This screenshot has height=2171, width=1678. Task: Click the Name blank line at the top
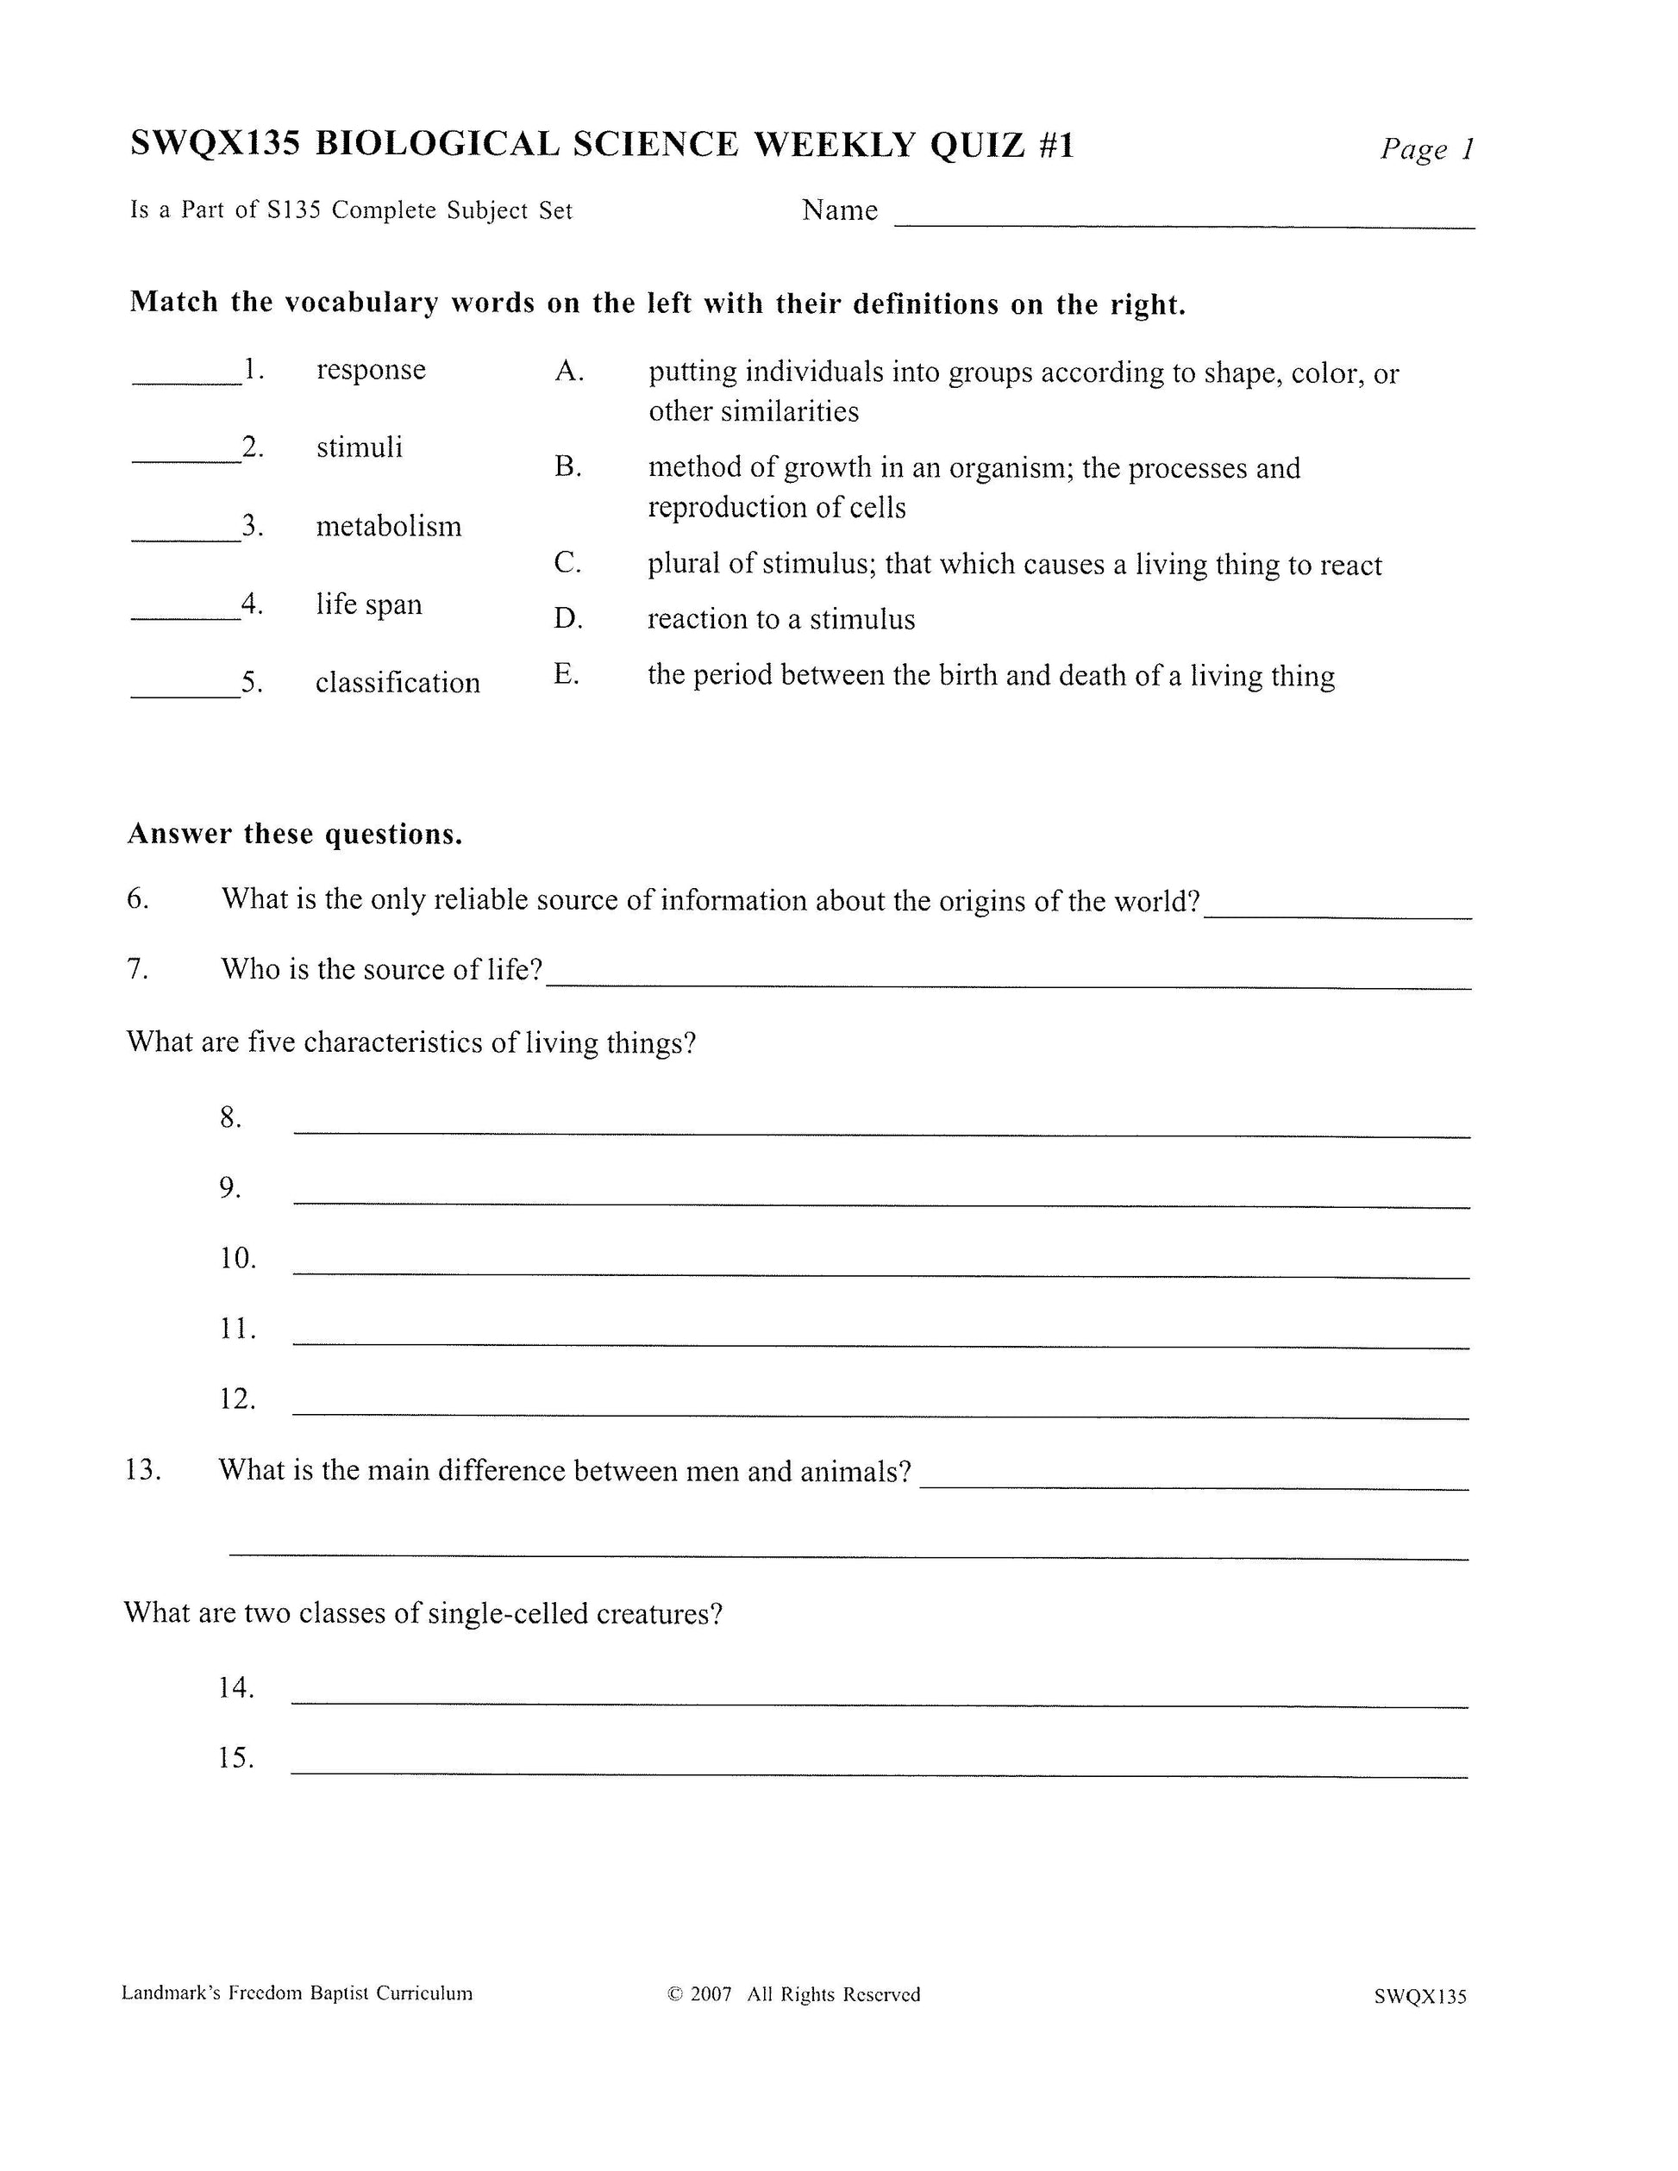[x=1183, y=226]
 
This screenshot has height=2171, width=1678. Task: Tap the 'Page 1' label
[x=1425, y=150]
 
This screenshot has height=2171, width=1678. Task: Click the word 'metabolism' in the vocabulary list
[x=389, y=526]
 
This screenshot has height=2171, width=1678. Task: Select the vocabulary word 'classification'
[x=398, y=683]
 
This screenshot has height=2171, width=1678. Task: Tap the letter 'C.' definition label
[x=567, y=564]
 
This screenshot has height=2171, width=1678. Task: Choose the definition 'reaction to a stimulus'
[x=781, y=619]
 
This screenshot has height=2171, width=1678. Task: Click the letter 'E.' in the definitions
[x=566, y=675]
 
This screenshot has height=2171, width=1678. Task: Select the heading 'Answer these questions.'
[x=295, y=834]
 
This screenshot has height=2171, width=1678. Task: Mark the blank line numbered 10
[x=880, y=1274]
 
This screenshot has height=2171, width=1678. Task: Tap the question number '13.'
[x=143, y=1470]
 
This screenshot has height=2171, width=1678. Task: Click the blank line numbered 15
[x=879, y=1774]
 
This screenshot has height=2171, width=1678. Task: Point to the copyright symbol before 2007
[x=676, y=1994]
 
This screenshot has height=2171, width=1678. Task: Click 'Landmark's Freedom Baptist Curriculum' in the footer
[x=297, y=1993]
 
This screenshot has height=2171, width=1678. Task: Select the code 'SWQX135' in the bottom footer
[x=1419, y=1996]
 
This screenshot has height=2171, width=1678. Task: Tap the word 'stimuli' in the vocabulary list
[x=360, y=447]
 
